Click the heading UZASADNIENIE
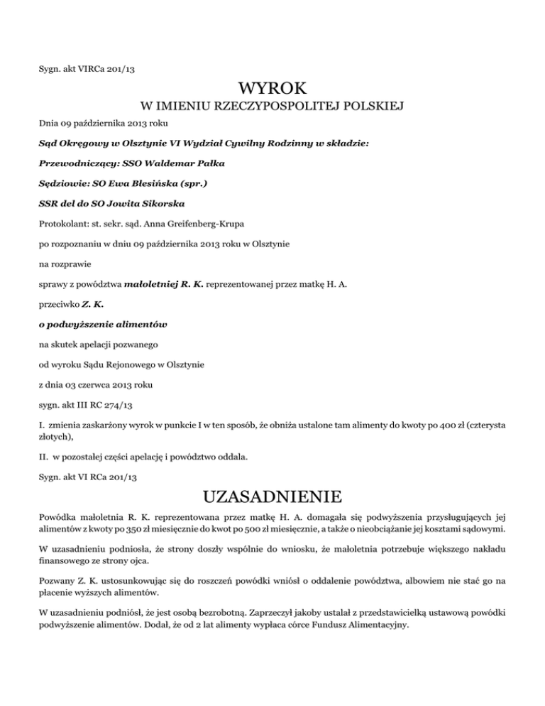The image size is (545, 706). coord(272,495)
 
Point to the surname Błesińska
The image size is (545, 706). coord(146,184)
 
